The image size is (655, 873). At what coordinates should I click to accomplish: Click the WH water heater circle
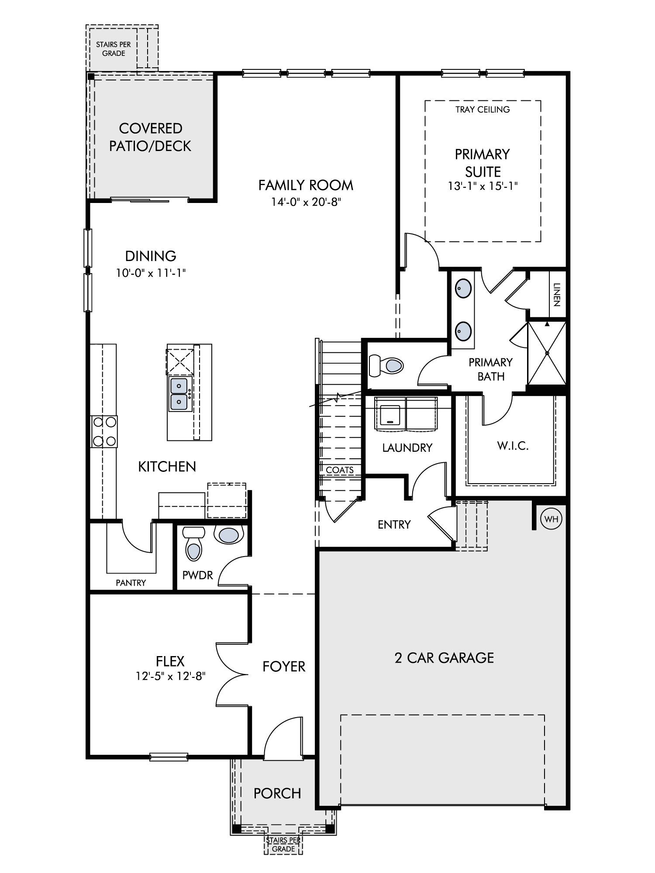551,519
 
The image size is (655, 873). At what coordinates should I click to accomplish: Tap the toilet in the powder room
194,543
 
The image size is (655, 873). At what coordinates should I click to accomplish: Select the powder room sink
228,535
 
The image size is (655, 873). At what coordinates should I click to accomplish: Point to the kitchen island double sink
179,394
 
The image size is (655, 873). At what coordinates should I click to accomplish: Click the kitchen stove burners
104,432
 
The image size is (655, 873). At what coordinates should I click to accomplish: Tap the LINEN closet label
556,295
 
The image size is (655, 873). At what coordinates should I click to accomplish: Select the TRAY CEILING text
483,110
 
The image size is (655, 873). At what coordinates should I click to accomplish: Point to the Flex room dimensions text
170,676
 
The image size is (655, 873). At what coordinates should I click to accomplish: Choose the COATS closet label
340,470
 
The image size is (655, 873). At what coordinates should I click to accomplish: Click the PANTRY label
131,583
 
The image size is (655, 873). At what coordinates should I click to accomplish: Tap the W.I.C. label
513,446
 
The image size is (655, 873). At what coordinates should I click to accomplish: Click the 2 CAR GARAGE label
444,658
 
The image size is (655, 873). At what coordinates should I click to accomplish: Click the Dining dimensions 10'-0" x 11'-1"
151,273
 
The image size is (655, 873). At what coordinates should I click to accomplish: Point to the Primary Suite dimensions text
483,186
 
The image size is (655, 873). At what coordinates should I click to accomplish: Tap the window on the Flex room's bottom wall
169,757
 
